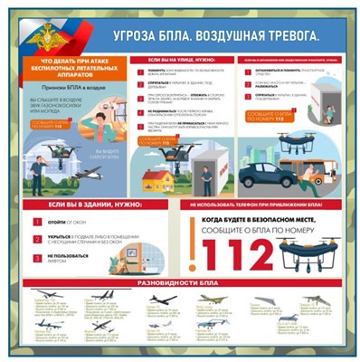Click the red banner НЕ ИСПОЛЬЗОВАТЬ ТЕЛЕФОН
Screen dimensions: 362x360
point(257,205)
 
